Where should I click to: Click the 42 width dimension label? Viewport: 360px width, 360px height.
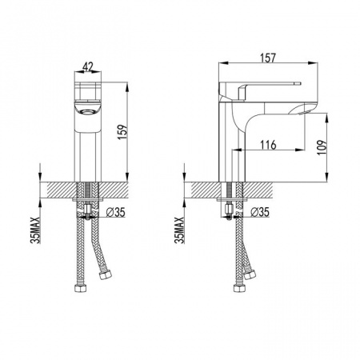(x=87, y=66)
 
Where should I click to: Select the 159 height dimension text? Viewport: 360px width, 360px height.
(x=123, y=132)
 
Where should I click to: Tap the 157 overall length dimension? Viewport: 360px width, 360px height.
(x=268, y=58)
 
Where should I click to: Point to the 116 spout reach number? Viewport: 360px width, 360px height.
(x=268, y=145)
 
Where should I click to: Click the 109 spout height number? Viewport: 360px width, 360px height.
(x=322, y=147)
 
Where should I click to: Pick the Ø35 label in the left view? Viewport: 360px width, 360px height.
(x=115, y=212)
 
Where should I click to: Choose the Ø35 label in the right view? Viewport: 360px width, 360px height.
(x=260, y=212)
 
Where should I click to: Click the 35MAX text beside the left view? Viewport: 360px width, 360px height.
(x=35, y=230)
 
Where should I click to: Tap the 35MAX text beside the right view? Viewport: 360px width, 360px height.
(x=180, y=230)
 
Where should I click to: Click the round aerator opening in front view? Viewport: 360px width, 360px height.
(x=87, y=112)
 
